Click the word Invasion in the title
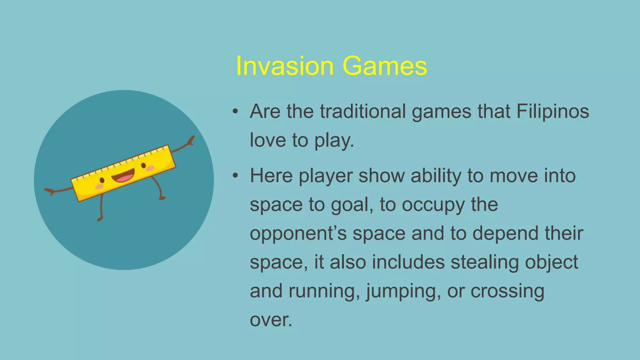[x=285, y=66]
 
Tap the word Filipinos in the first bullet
[x=552, y=111]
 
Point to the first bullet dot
[x=235, y=112]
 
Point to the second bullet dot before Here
[x=235, y=176]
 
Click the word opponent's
[x=298, y=234]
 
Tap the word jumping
[x=403, y=291]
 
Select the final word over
[x=271, y=320]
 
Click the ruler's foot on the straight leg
[x=100, y=219]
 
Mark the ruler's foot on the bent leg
[x=162, y=198]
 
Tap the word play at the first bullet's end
[x=333, y=141]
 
